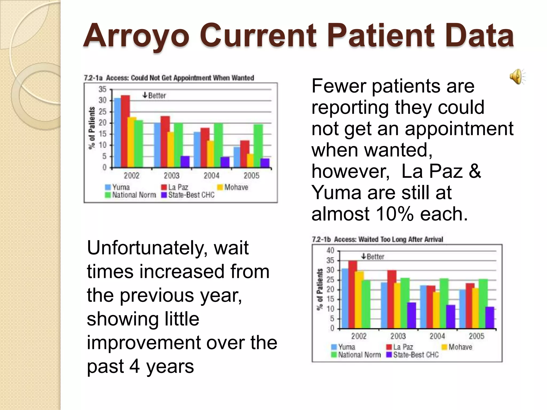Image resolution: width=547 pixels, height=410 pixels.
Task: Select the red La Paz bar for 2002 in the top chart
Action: pyautogui.click(x=125, y=131)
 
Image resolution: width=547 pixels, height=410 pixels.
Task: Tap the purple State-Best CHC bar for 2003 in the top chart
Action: pyautogui.click(x=185, y=162)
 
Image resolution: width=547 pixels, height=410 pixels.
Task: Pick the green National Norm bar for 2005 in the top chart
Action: pyautogui.click(x=258, y=145)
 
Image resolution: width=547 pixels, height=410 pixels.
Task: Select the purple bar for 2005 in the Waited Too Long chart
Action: pyautogui.click(x=490, y=317)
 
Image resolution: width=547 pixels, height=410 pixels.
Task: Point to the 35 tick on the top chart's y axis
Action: pyautogui.click(x=103, y=89)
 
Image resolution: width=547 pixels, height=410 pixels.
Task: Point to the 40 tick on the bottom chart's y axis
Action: pyautogui.click(x=330, y=250)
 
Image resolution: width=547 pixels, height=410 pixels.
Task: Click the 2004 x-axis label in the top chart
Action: pyautogui.click(x=211, y=176)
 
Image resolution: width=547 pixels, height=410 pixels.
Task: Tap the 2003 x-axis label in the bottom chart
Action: pyautogui.click(x=398, y=336)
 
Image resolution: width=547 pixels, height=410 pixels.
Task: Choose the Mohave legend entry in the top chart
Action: pyautogui.click(x=233, y=187)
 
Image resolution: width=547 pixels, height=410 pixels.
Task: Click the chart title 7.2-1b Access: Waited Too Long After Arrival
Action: pyautogui.click(x=377, y=239)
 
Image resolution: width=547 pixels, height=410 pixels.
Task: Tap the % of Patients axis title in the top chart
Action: pyautogui.click(x=92, y=128)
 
